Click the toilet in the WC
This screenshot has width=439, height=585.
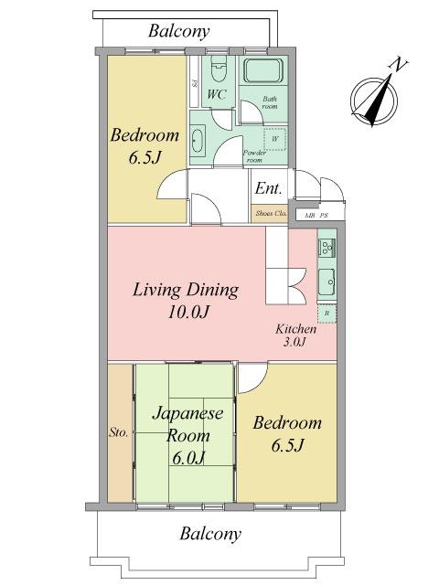coord(218,70)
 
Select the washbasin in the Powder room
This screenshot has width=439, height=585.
coord(201,140)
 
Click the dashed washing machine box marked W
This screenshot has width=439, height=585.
coord(274,140)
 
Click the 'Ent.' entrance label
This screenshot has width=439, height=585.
coord(267,190)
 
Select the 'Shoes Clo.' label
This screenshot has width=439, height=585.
coord(271,214)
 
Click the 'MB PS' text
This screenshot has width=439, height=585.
coord(316,216)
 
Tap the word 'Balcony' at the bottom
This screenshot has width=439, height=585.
coord(209,533)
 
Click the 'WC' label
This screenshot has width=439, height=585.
coord(216,94)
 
